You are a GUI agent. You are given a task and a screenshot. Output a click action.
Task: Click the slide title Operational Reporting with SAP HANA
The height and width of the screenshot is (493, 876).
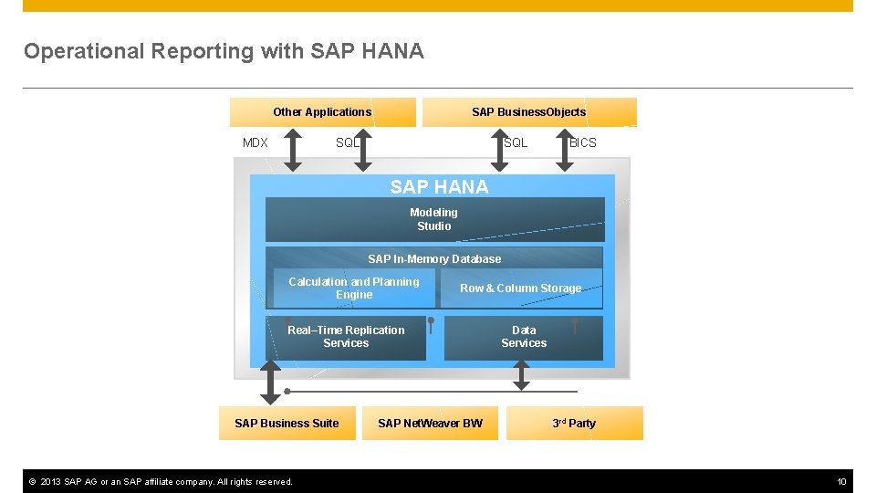(x=224, y=51)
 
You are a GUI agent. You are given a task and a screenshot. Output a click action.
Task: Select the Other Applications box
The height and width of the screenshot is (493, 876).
(x=322, y=112)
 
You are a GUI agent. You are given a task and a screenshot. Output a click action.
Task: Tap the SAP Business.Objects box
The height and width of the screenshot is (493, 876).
(x=528, y=112)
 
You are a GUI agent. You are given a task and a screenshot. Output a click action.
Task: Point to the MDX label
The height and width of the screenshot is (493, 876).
(x=255, y=142)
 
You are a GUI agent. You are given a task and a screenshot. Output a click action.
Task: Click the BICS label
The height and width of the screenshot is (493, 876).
(x=582, y=142)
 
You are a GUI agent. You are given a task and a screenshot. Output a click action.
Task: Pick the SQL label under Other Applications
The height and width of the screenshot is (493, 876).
(x=348, y=142)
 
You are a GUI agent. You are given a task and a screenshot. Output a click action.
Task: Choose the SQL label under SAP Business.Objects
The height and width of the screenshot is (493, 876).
(x=516, y=142)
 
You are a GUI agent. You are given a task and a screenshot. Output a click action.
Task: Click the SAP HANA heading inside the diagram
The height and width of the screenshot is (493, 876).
(x=439, y=186)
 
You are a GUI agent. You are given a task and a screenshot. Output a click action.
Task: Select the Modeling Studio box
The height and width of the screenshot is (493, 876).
(x=434, y=219)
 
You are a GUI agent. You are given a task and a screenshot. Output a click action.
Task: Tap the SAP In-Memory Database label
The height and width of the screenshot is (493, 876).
(x=434, y=258)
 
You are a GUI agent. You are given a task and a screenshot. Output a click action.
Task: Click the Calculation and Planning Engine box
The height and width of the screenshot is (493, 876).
(x=354, y=288)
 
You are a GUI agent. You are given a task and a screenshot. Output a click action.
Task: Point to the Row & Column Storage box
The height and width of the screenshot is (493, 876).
(x=520, y=288)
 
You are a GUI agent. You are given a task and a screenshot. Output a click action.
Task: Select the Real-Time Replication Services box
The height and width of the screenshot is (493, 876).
(x=346, y=337)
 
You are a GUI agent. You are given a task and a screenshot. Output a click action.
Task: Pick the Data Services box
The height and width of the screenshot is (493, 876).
(x=524, y=337)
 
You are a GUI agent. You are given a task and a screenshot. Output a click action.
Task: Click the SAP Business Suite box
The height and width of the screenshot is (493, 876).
(x=287, y=423)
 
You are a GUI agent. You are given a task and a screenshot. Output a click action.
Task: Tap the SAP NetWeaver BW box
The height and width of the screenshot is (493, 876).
(x=430, y=423)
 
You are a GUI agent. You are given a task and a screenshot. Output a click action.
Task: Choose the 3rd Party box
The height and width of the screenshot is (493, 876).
(x=574, y=423)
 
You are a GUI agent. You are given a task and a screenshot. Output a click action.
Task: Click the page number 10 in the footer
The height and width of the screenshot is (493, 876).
(x=841, y=481)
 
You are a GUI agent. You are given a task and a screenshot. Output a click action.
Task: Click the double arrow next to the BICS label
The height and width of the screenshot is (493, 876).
(x=565, y=149)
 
